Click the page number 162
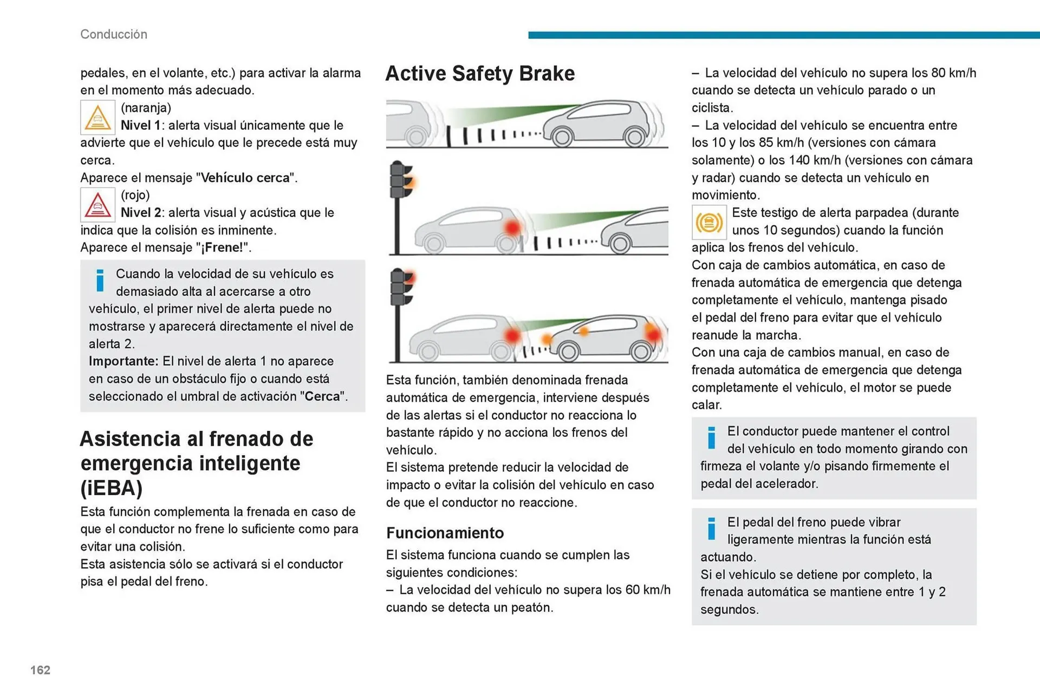40,670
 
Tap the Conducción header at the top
114,34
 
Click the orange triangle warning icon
97,118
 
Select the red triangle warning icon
97,205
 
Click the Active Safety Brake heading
479,74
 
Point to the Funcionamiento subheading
445,533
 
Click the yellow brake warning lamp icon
708,222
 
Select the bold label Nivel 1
140,125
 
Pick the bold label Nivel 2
140,212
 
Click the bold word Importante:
123,361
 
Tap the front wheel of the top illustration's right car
562,137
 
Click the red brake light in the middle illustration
512,228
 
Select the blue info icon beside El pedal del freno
711,528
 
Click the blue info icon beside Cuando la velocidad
100,280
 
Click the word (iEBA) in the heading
112,488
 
